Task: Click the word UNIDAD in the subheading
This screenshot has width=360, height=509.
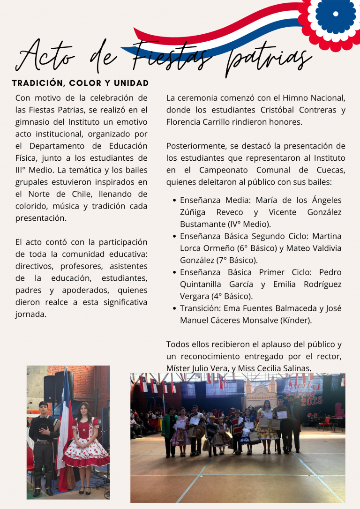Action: [131, 83]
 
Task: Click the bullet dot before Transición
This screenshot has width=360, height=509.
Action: [174, 308]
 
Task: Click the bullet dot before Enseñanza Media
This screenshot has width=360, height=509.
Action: [174, 201]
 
